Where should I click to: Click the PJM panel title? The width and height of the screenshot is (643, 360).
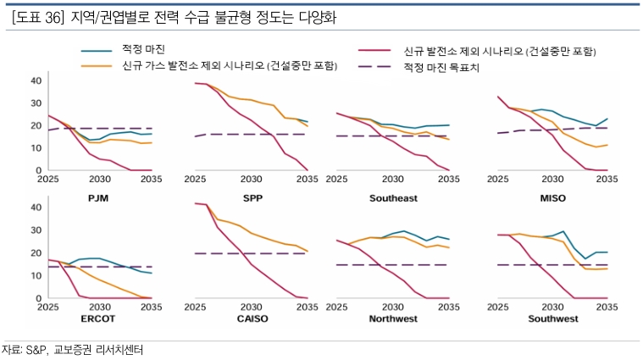(x=99, y=197)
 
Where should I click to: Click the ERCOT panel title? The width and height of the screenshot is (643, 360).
(x=99, y=319)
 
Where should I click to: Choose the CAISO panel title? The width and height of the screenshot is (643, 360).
(x=250, y=319)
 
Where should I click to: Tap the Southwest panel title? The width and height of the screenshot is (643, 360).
(x=552, y=319)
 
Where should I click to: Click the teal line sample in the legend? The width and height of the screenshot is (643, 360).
(x=97, y=51)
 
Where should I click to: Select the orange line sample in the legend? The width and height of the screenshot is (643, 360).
(x=97, y=64)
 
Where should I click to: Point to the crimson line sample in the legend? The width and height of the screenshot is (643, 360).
(x=376, y=51)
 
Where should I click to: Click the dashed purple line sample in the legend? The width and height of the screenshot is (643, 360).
(x=376, y=64)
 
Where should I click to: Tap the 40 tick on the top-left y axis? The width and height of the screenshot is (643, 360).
(x=36, y=80)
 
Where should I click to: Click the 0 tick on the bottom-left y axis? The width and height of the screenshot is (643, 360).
(x=38, y=298)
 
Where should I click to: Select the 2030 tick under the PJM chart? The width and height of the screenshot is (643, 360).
(x=99, y=179)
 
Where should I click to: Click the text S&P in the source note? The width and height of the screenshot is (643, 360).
(x=36, y=349)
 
